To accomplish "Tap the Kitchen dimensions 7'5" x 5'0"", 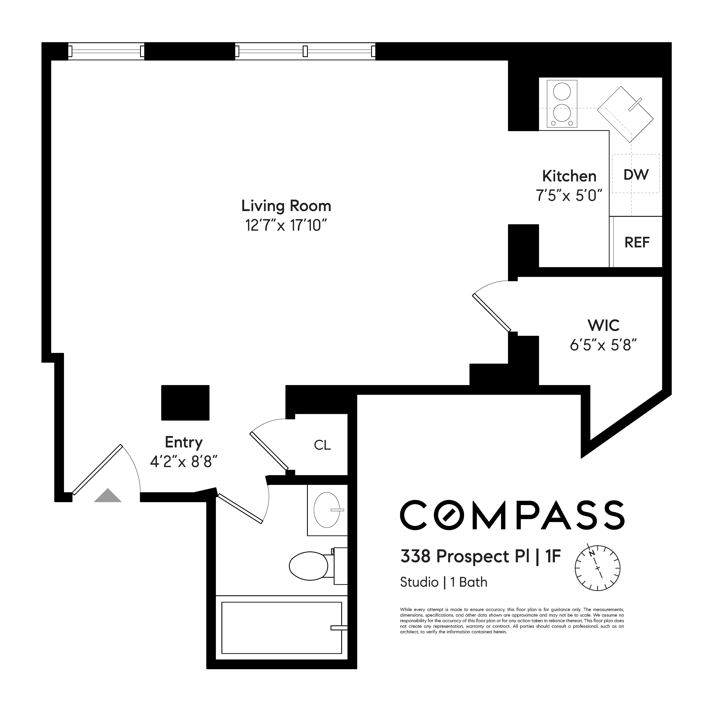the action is pyautogui.click(x=569, y=195).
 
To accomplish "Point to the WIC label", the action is pyautogui.click(x=603, y=325).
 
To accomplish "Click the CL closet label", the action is pyautogui.click(x=322, y=445).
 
